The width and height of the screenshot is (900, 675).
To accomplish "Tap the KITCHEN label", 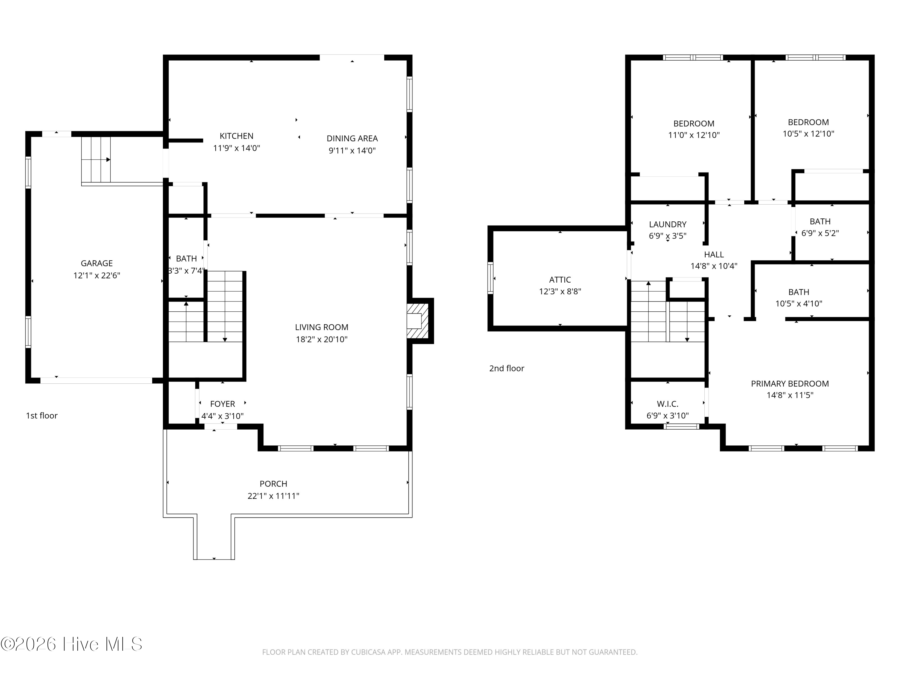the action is coord(236,136).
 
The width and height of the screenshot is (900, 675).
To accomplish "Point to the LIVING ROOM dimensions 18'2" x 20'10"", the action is coord(321,339).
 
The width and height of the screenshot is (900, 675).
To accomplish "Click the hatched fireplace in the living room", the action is coord(418,321).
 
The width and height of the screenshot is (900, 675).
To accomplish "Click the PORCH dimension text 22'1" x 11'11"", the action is coord(273,496).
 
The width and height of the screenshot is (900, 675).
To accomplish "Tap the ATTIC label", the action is coord(560,280).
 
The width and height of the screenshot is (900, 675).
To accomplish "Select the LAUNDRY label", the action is coord(668,224).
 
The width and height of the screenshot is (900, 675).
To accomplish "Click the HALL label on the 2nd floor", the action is coord(714,254).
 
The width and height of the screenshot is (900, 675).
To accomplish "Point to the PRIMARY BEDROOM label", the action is coord(790,383).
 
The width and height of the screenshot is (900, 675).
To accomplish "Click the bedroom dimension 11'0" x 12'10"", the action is coord(694,135).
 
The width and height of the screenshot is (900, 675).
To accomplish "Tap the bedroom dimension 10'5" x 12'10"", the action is coord(808,133).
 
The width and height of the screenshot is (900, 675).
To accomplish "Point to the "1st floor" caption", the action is coord(42,415).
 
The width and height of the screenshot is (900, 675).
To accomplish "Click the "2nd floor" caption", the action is coord(507,368).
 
